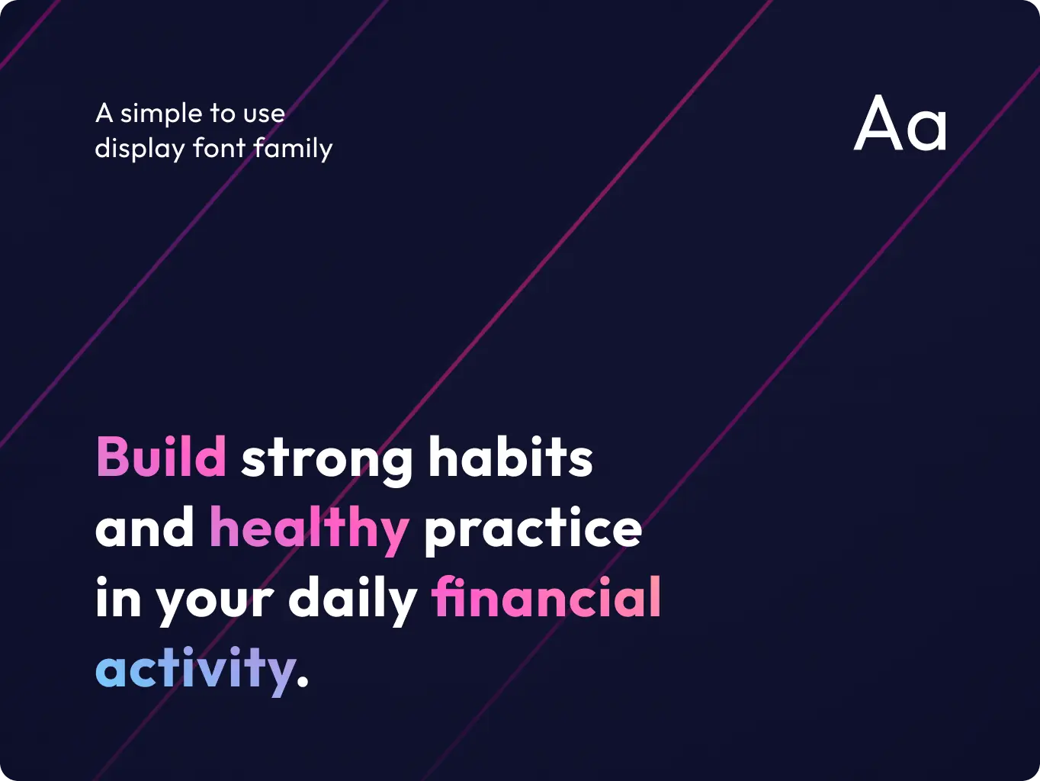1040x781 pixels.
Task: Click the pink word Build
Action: pos(161,458)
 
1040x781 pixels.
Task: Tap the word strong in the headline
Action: pos(327,459)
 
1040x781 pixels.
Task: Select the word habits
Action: pos(510,458)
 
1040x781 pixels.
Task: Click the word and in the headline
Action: pos(144,528)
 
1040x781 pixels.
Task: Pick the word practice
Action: pos(532,528)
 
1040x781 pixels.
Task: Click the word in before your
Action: pos(118,597)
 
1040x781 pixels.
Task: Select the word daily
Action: pos(352,599)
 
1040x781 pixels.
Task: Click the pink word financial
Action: pos(547,597)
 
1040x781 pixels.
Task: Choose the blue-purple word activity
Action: pos(195,670)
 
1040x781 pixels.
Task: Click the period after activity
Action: pos(303,681)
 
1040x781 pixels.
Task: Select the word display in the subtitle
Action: pos(140,149)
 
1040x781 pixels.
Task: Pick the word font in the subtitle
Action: pos(220,147)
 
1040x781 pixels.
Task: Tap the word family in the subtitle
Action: pos(293,148)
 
